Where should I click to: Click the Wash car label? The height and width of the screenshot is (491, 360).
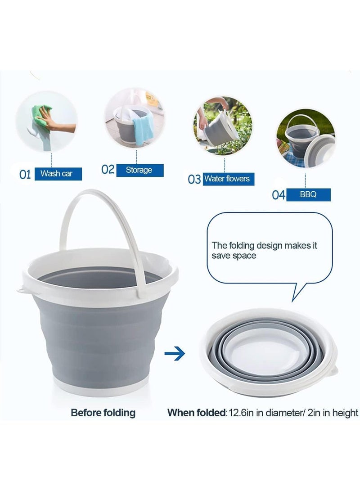click(56, 173)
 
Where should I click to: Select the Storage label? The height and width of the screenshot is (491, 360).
click(139, 170)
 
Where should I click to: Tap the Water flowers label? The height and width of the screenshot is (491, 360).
click(226, 179)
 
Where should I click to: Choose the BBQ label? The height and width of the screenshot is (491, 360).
click(308, 194)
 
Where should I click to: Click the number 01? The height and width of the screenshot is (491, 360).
click(25, 174)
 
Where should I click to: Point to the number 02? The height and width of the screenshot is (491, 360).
click(108, 170)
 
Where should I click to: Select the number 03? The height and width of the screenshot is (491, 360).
click(194, 179)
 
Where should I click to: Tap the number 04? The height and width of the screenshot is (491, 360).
click(279, 195)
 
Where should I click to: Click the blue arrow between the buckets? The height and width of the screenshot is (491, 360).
click(175, 353)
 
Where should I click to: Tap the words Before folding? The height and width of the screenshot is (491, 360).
click(103, 413)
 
